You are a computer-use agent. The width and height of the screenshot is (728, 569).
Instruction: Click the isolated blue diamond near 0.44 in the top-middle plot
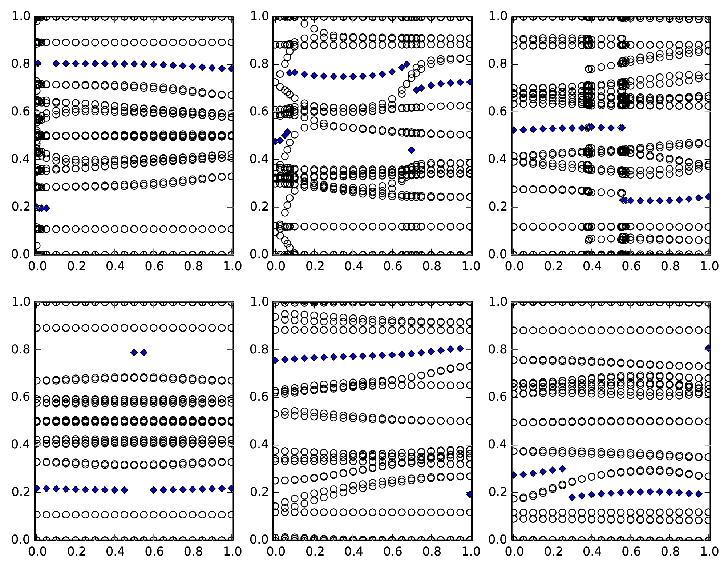point(411,150)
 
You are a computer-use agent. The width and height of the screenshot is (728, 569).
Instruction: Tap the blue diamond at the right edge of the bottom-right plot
point(708,348)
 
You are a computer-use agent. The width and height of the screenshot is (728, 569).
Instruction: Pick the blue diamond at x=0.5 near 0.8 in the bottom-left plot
point(134,352)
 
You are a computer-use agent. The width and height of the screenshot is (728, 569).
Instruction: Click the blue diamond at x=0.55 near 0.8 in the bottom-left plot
point(144,352)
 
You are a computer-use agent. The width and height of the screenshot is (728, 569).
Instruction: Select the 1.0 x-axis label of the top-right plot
point(709,266)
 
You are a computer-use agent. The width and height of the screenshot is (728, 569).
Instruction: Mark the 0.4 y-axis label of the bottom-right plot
point(497,445)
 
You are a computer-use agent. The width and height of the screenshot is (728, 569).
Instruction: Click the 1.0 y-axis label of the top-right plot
point(497,16)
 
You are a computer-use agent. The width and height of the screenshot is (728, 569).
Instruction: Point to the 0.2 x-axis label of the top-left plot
point(76,266)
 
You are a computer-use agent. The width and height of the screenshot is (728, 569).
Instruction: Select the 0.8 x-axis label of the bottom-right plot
point(670,552)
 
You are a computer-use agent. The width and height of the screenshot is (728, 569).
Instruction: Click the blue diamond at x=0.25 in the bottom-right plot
point(562,469)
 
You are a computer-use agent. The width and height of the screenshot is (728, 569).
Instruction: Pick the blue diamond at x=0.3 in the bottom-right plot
point(572,497)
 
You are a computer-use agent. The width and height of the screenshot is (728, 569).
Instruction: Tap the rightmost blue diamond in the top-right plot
point(708,196)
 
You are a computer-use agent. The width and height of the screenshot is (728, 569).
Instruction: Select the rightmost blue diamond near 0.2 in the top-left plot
point(46,208)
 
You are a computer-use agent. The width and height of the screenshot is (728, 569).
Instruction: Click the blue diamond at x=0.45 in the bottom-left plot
point(125,490)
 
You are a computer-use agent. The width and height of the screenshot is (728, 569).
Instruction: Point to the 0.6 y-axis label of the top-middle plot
point(259,112)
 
